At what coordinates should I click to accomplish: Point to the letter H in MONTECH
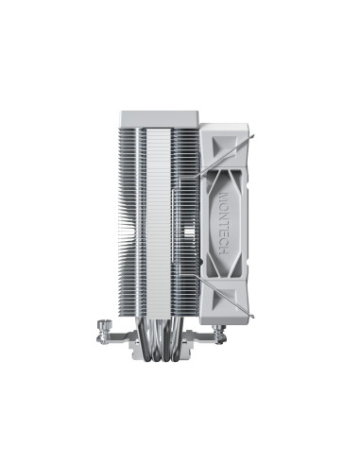point(224,252)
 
